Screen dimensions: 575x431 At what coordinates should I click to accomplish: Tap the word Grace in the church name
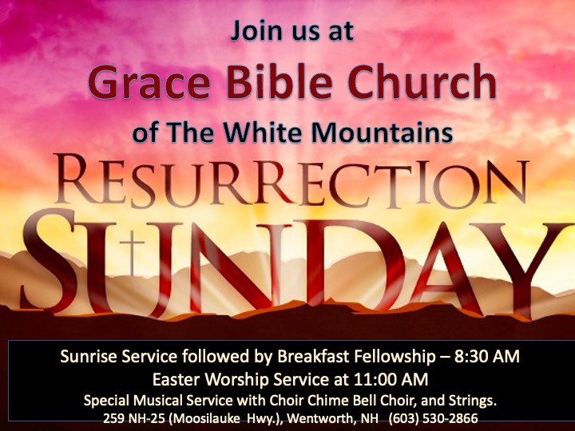(x=149, y=81)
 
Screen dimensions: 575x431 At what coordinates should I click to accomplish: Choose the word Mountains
(x=382, y=132)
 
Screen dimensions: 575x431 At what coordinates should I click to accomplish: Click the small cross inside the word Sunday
(x=133, y=253)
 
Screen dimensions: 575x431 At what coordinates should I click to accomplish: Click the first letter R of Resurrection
(x=76, y=179)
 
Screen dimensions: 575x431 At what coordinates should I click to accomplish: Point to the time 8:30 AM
(x=486, y=357)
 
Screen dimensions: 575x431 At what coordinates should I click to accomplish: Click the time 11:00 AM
(x=391, y=380)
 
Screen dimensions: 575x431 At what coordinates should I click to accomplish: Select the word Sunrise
(x=89, y=356)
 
